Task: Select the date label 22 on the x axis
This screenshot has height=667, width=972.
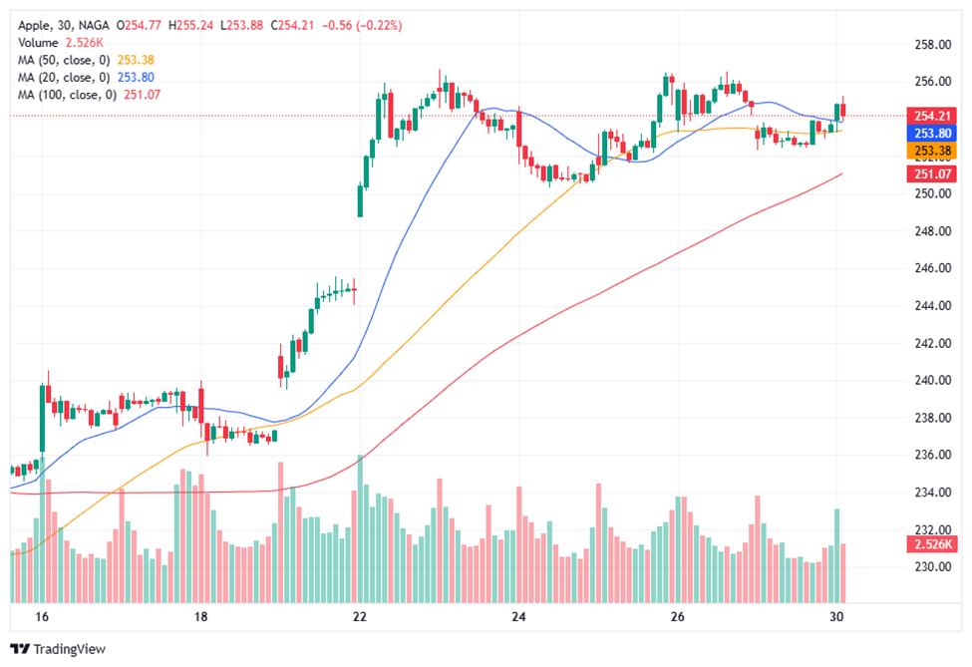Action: (360, 617)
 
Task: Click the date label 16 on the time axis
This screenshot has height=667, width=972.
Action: (42, 617)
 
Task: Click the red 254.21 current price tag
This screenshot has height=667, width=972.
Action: (928, 115)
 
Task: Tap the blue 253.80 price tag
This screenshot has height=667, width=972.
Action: (928, 133)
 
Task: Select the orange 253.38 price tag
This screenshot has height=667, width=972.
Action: (928, 152)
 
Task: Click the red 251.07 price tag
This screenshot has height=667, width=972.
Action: (928, 174)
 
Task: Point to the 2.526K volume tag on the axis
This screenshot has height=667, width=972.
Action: (928, 544)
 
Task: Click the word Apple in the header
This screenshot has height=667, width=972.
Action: (36, 24)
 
